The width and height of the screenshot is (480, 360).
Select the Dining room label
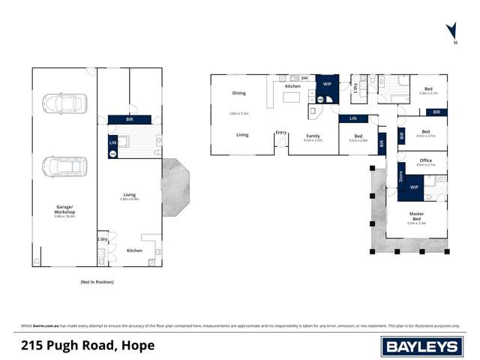(x=238, y=93)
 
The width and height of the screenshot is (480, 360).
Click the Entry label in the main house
(x=281, y=133)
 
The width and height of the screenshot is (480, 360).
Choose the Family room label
(x=313, y=136)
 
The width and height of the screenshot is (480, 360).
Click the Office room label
(x=426, y=160)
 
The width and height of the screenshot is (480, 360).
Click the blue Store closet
(x=400, y=178)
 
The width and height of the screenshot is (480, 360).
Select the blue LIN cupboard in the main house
(x=353, y=118)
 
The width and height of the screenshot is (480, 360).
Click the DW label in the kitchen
(x=304, y=77)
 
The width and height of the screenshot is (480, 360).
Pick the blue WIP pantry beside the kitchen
(x=327, y=88)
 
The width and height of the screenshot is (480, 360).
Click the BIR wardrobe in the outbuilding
(x=129, y=119)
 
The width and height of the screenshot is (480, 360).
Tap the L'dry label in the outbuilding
(x=103, y=238)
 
